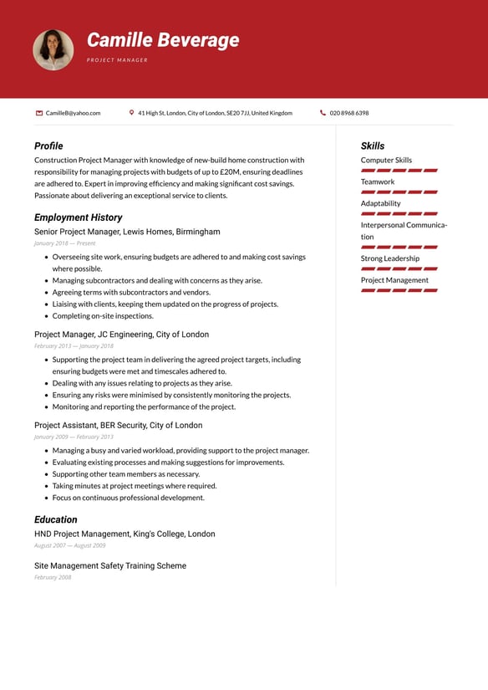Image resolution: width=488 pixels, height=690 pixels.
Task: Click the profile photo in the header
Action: tap(53, 49)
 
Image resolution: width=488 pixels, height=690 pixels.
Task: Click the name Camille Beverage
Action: tap(163, 40)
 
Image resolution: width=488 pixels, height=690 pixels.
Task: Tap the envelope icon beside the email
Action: tap(39, 113)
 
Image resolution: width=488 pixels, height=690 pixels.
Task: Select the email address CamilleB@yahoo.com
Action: tap(73, 113)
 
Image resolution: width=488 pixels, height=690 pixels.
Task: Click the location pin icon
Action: tap(132, 113)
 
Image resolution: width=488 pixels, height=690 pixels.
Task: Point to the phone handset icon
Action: tap(323, 113)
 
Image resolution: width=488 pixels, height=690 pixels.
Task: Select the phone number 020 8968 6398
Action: tap(348, 113)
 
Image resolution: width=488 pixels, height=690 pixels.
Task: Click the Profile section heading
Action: tap(48, 146)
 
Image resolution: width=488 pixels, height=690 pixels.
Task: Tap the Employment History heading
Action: tap(78, 217)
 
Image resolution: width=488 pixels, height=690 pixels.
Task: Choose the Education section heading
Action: tap(55, 519)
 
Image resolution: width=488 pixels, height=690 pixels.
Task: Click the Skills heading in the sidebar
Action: tap(373, 146)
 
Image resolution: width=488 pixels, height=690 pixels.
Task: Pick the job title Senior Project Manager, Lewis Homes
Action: tap(127, 232)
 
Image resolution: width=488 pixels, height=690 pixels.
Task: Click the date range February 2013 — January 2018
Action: tap(74, 345)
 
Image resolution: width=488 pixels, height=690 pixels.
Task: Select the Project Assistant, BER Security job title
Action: tap(118, 425)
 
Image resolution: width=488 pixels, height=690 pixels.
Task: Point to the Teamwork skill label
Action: tap(378, 181)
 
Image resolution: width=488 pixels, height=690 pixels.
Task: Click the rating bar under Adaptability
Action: tap(399, 214)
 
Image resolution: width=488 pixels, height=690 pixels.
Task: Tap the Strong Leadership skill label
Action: tap(390, 258)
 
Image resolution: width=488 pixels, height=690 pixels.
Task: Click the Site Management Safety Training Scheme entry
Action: tap(110, 565)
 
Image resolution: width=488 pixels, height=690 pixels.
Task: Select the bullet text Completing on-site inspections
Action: tap(103, 316)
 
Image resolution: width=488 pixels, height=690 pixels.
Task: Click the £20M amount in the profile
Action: tap(230, 171)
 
